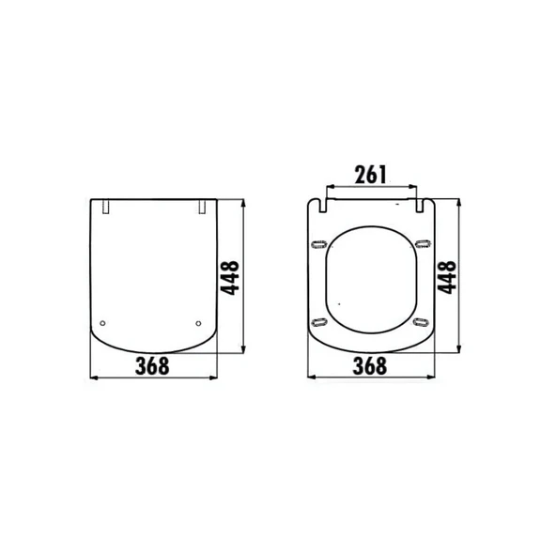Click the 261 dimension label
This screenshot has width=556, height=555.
[371, 175]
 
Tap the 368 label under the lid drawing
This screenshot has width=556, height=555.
[152, 366]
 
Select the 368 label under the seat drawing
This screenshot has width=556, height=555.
[370, 366]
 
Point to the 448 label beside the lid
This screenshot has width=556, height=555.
[230, 278]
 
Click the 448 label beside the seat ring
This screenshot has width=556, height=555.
[447, 278]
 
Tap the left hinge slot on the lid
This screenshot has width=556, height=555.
[106, 207]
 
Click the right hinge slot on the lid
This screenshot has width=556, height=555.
[202, 207]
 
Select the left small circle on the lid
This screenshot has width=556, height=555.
[102, 323]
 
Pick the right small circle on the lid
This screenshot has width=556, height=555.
[198, 323]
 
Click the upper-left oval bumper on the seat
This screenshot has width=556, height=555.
[318, 244]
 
